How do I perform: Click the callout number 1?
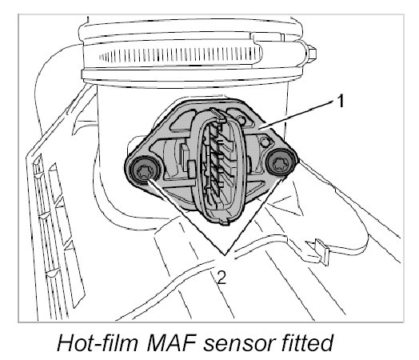pyautogui.click(x=340, y=102)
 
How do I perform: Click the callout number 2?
pyautogui.click(x=221, y=277)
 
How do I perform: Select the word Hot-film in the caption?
pyautogui.click(x=98, y=342)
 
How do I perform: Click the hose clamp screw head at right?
pyautogui.click(x=311, y=52)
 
